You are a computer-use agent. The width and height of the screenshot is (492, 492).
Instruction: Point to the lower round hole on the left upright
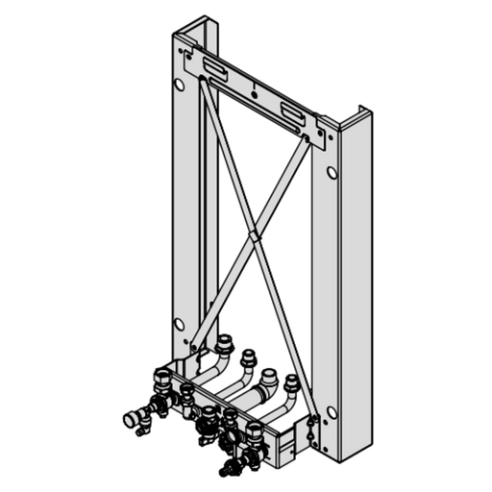pyautogui.click(x=179, y=323)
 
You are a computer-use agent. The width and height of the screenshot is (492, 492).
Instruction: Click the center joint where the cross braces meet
pyautogui.click(x=252, y=233)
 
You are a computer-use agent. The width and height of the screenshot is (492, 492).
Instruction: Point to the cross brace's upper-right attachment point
pyautogui.click(x=308, y=140)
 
